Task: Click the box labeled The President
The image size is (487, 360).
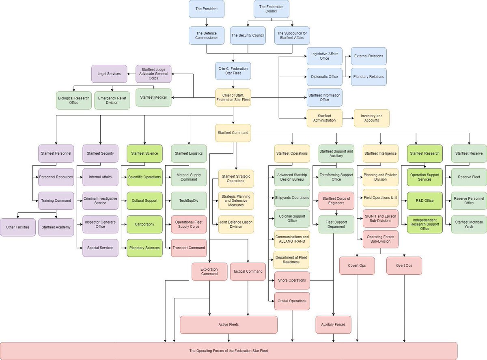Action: point(207,9)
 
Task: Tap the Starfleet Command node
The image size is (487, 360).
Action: point(233,133)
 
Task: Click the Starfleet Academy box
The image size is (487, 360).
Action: point(56,227)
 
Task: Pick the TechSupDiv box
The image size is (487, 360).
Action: point(189,201)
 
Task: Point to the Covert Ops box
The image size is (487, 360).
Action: point(357,265)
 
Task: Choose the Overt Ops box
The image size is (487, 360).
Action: point(404,265)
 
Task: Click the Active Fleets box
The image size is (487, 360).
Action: point(228,325)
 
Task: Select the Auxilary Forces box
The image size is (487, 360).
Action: point(334,325)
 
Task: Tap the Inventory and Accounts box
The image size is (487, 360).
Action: point(372,118)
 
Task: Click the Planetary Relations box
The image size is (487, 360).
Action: point(369,77)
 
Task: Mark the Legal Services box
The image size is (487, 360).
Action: point(109,74)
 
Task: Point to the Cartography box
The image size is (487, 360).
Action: point(144,224)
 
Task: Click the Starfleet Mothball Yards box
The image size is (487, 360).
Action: point(469,224)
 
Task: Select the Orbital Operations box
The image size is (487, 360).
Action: point(292,301)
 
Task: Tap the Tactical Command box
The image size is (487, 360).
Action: point(248,272)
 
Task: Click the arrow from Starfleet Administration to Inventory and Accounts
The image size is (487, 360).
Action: point(348,118)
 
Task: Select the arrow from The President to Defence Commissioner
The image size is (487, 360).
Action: point(207,22)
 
